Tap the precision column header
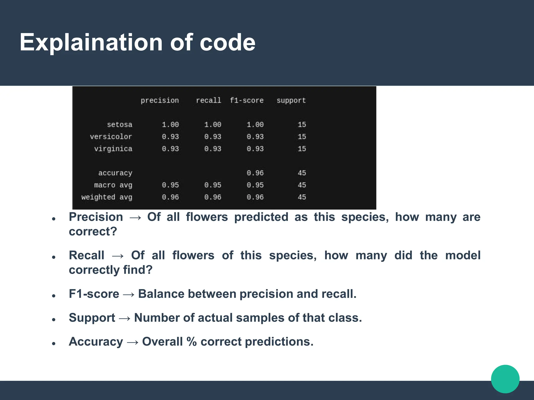click(160, 101)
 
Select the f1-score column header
click(246, 101)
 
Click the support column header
click(291, 101)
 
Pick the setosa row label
click(119, 125)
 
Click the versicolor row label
click(111, 137)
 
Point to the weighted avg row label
click(107, 197)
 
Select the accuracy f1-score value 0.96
click(255, 173)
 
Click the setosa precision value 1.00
click(170, 125)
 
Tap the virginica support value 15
click(302, 149)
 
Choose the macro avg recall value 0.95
click(213, 185)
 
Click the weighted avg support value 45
click(302, 197)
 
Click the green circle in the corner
click(505, 379)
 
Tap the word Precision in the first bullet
click(96, 217)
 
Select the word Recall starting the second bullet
click(86, 255)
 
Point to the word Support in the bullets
click(92, 318)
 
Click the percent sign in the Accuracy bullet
click(191, 342)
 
